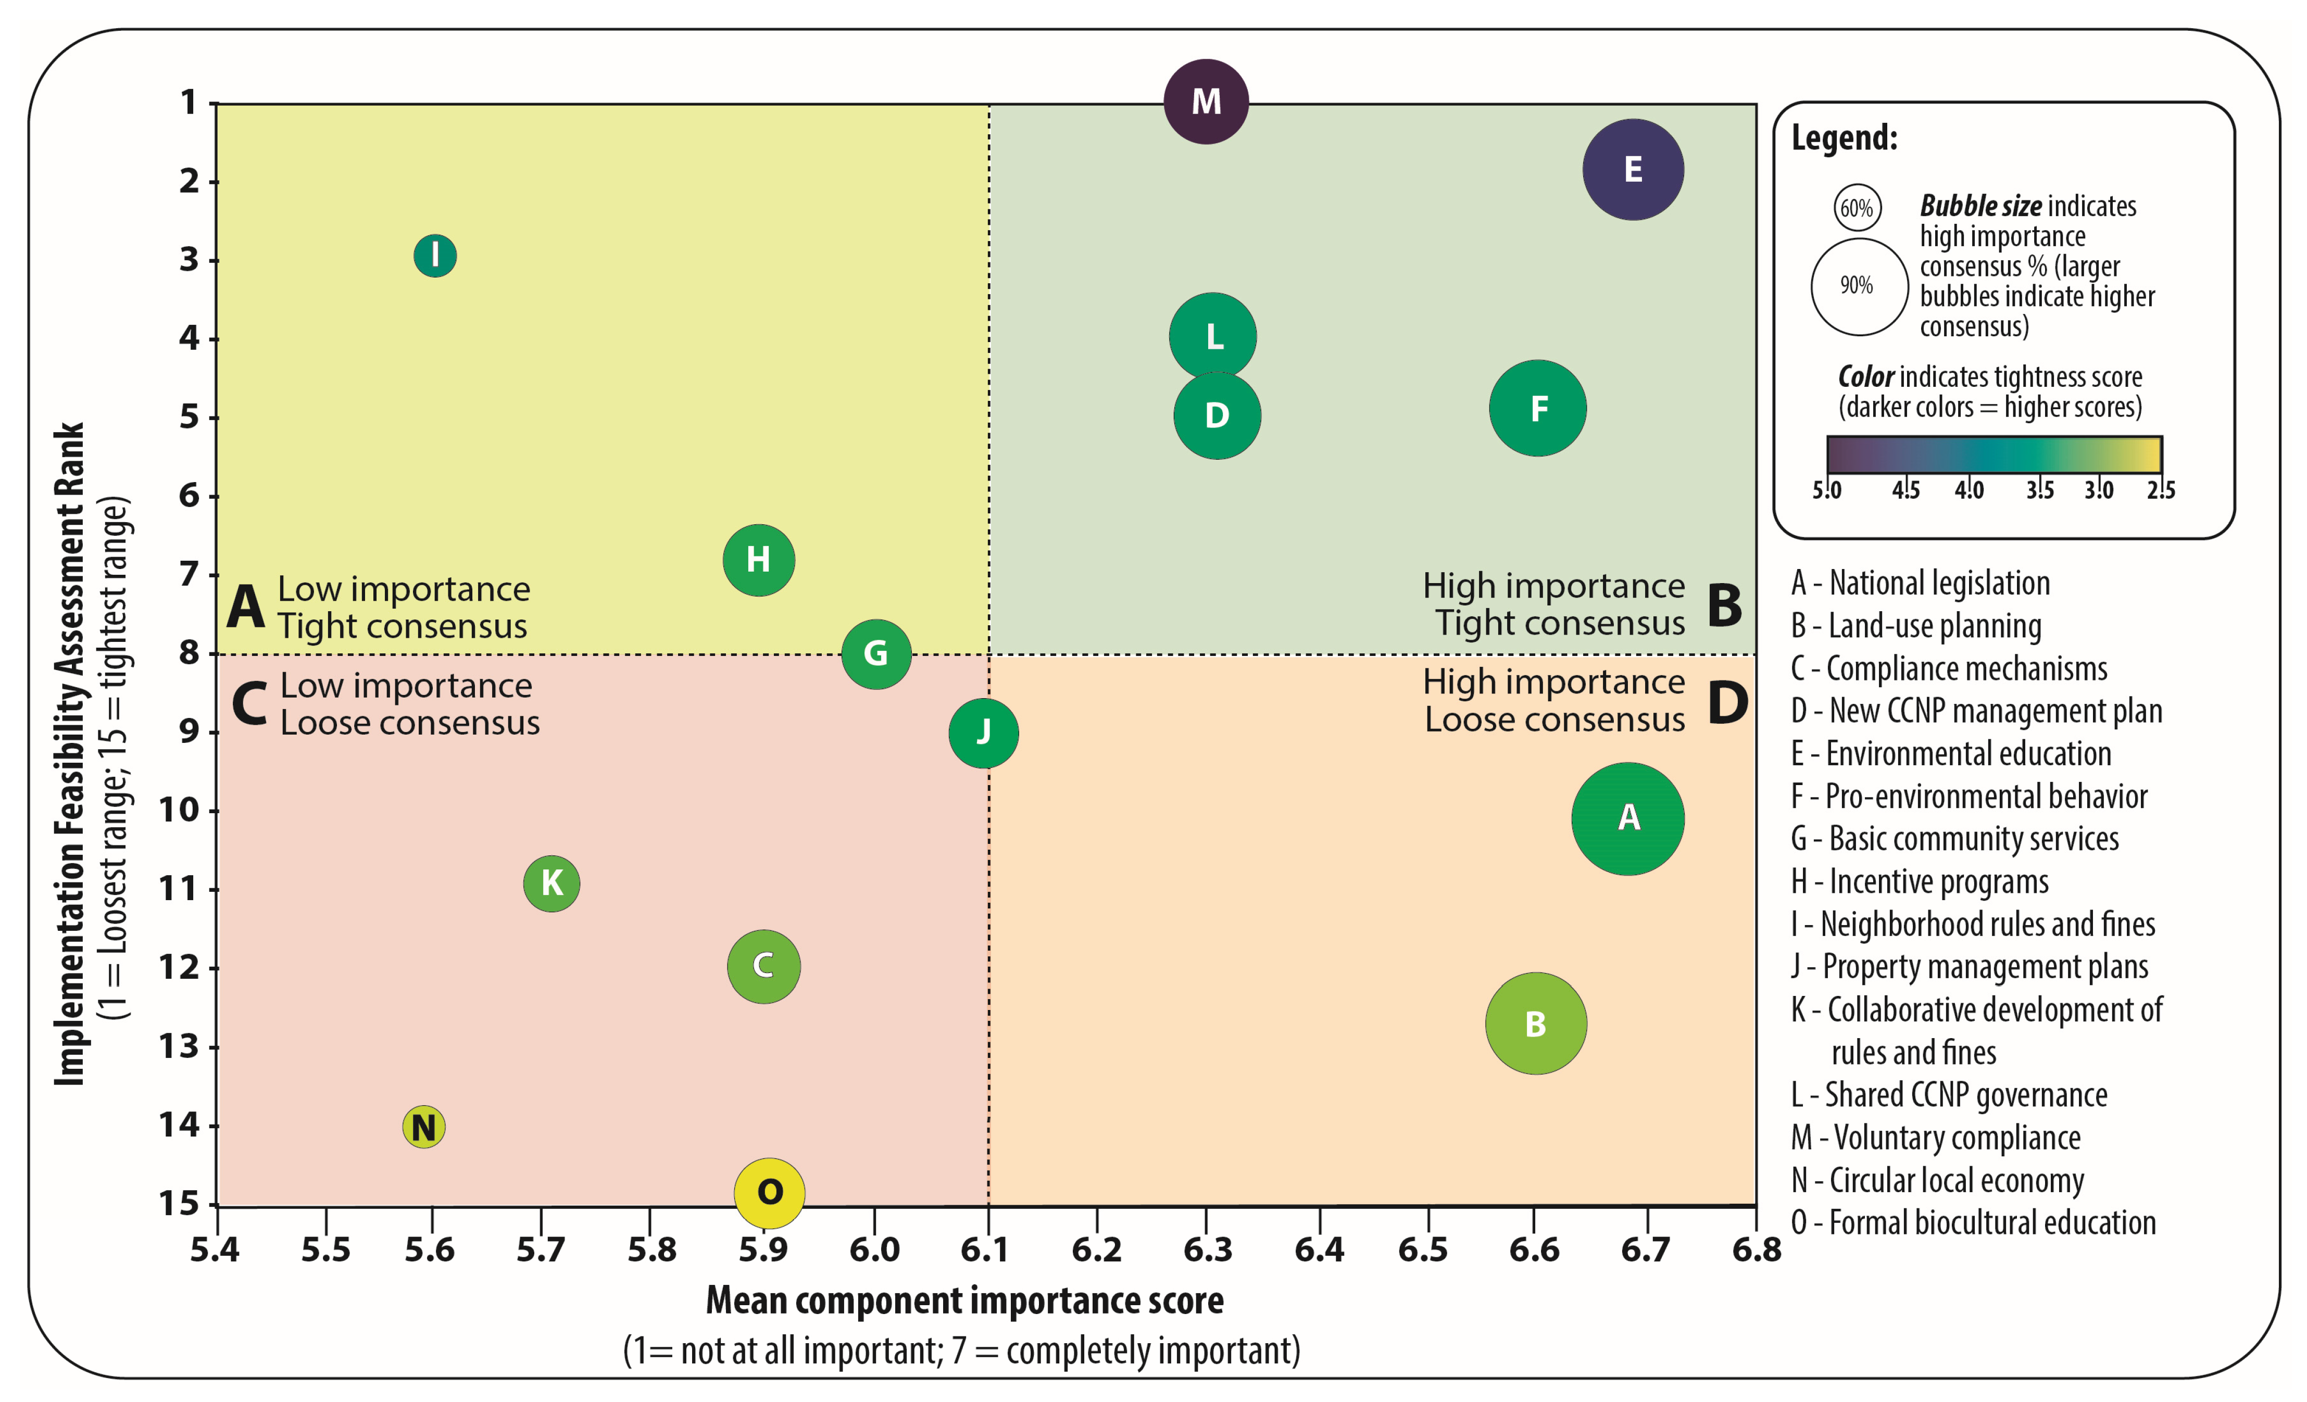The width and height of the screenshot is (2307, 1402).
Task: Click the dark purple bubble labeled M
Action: (1206, 101)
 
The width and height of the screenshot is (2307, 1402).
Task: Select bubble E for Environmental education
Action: (1633, 169)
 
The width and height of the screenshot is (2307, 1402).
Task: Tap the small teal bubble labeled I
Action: (434, 256)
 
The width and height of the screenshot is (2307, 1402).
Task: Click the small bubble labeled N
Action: (423, 1127)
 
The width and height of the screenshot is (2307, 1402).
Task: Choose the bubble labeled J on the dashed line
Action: (983, 733)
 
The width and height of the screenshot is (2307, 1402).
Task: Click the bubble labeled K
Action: (551, 882)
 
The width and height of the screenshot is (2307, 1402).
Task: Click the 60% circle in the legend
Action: (1857, 208)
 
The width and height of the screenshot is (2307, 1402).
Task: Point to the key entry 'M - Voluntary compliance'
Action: (1935, 1138)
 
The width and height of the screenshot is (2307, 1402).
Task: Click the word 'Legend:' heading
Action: (1844, 138)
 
